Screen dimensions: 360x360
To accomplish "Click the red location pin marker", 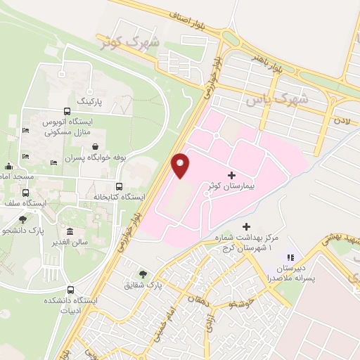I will pos(181,165).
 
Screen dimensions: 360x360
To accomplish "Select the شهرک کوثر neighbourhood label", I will pos(129,42).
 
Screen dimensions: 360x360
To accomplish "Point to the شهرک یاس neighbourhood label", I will pos(276,100).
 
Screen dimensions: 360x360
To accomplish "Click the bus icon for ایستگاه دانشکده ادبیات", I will pos(68,290).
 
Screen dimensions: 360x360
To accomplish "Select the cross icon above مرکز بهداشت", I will pos(246,226).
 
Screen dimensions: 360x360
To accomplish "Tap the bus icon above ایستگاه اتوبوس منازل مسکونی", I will pos(67,111).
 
